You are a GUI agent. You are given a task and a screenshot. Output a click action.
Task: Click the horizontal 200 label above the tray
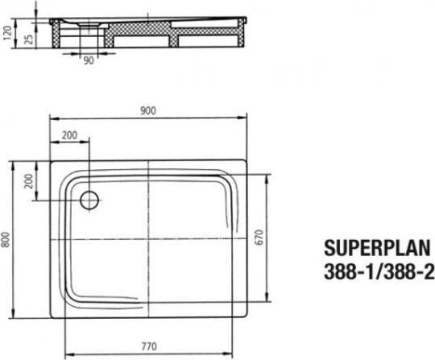(x=70, y=135)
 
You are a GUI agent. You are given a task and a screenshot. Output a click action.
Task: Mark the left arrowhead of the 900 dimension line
(x=54, y=119)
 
